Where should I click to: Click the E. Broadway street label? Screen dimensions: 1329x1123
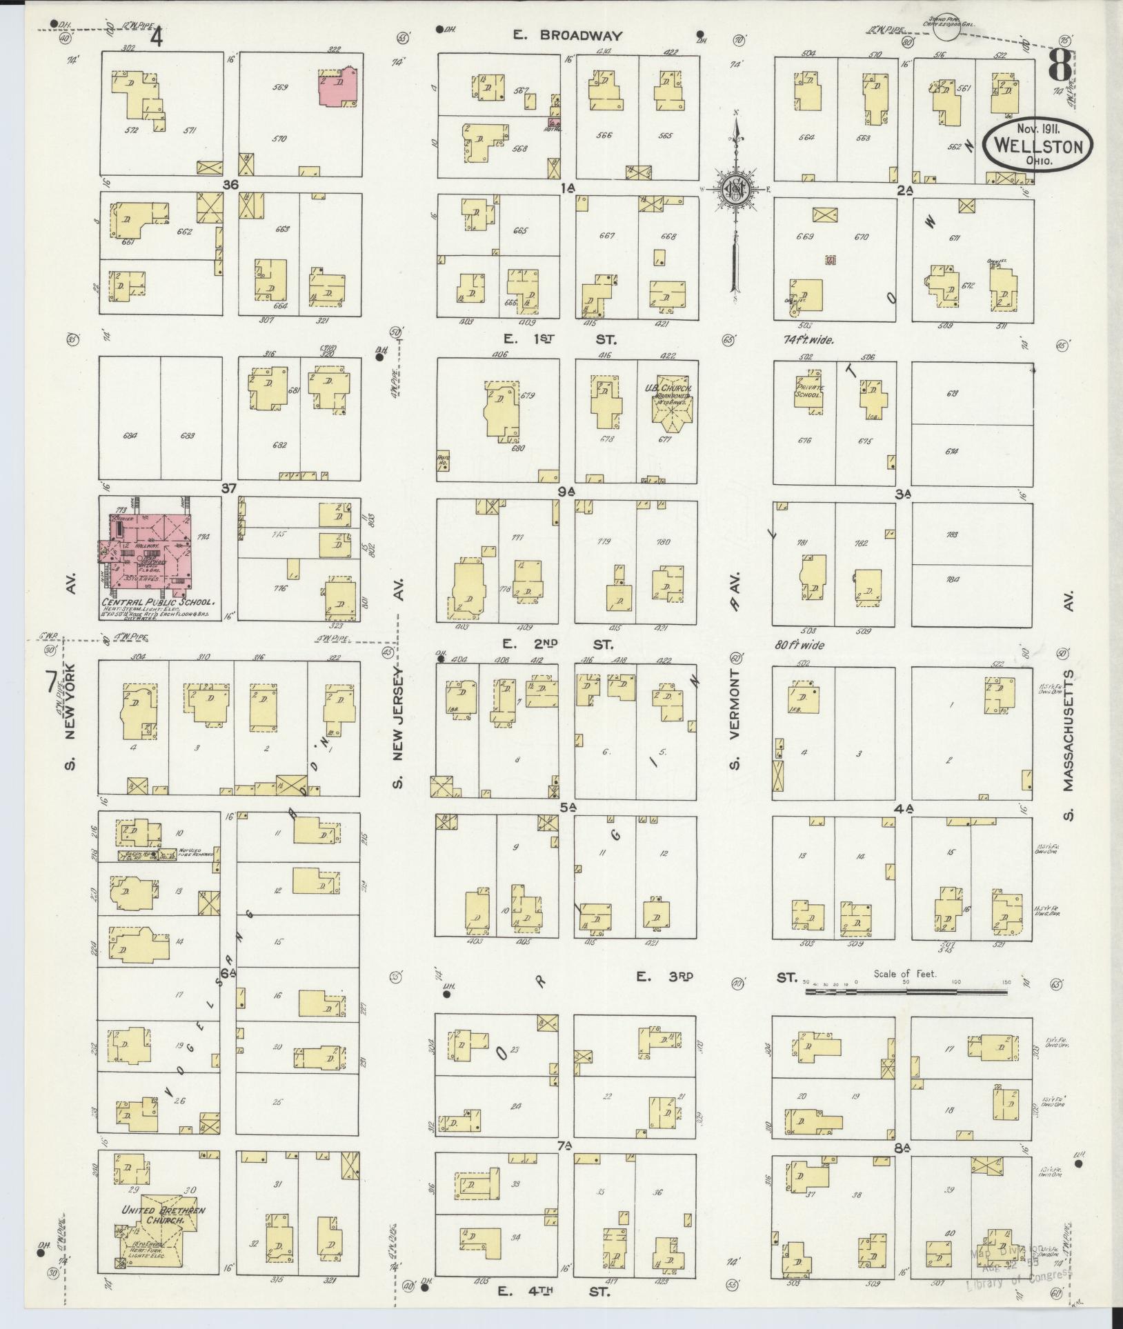pyautogui.click(x=568, y=36)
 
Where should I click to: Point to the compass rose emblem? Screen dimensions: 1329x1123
pyautogui.click(x=737, y=187)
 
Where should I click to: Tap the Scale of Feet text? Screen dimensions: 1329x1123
pyautogui.click(x=904, y=973)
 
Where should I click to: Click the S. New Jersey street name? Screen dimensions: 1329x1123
pyautogui.click(x=398, y=724)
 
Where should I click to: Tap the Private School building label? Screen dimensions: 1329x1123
pyautogui.click(x=808, y=391)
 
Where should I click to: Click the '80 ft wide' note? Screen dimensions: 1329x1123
pyautogui.click(x=800, y=646)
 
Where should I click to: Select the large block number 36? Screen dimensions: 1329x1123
pyautogui.click(x=230, y=185)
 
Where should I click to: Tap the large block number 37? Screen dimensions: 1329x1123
pyautogui.click(x=229, y=488)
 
